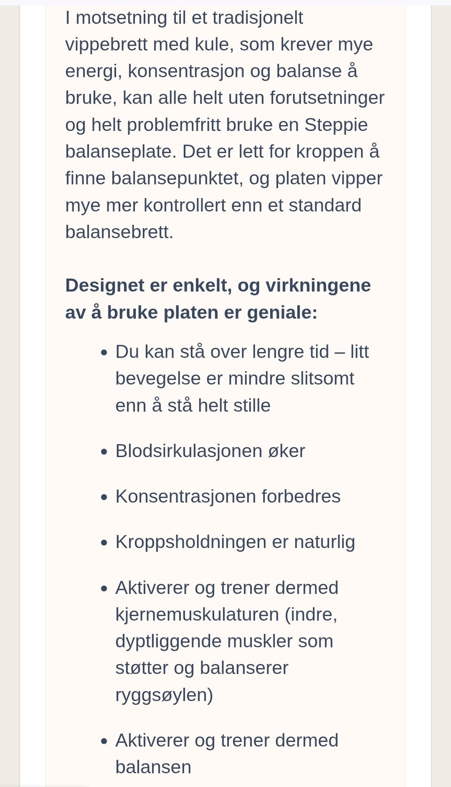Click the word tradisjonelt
257,18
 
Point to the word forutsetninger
327,98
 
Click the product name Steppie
336,125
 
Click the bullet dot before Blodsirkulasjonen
104,451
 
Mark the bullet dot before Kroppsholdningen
104,543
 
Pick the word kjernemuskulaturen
197,615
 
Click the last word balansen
153,767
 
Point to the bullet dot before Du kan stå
104,352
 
